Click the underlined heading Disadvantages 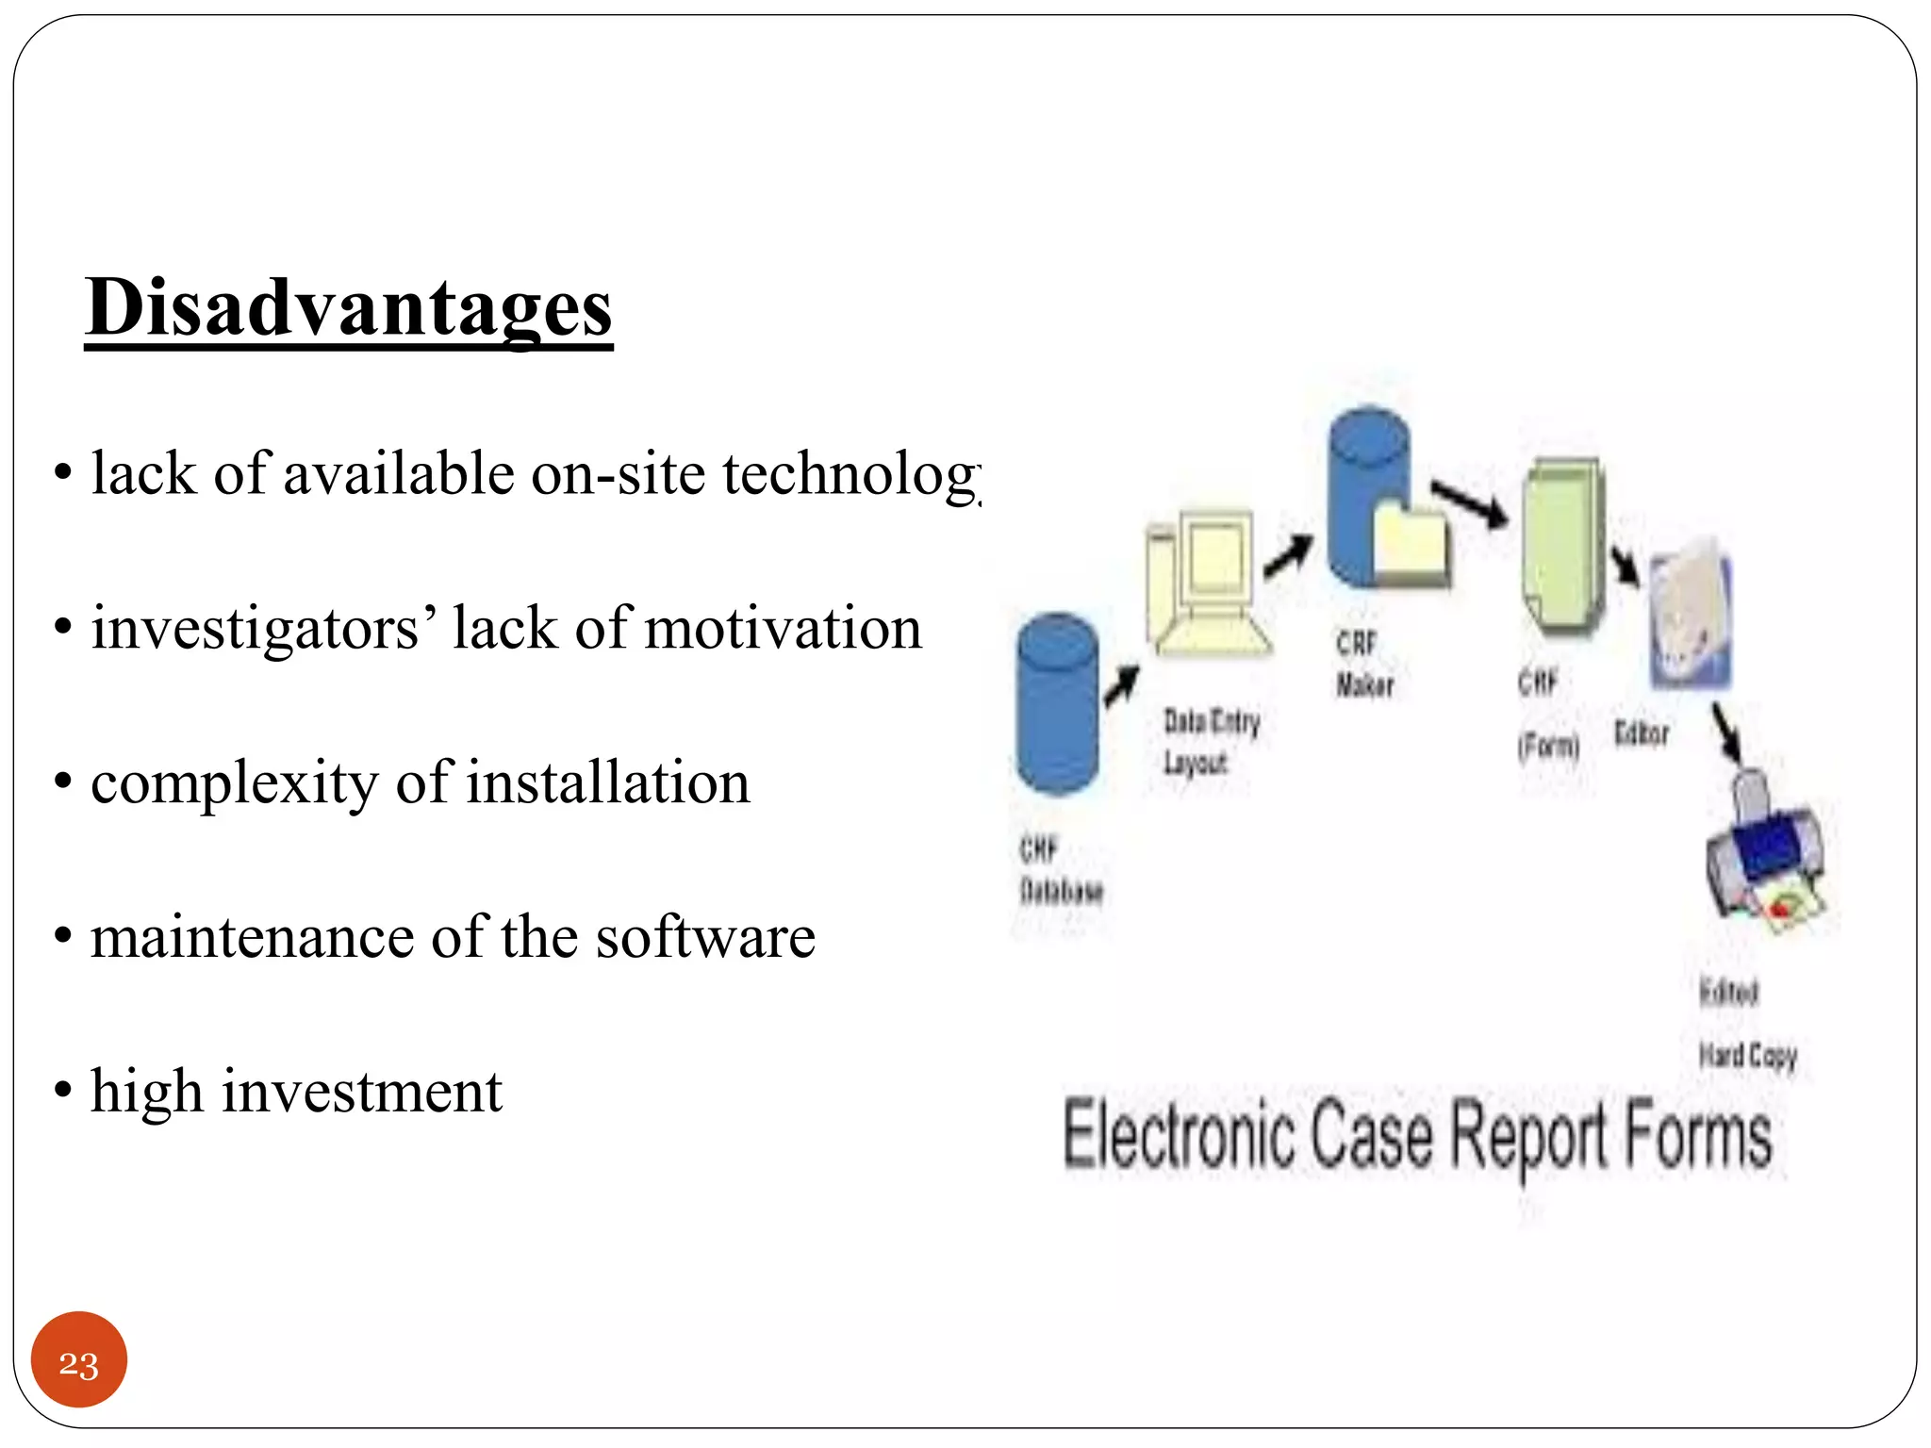click(x=349, y=308)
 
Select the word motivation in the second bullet click(x=797, y=628)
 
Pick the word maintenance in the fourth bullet click(x=252, y=937)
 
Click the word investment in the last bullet click(x=362, y=1092)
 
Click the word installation click(x=608, y=782)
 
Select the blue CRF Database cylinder click(x=1058, y=705)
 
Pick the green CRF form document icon click(x=1562, y=547)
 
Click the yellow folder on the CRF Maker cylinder click(x=1410, y=542)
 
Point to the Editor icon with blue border click(x=1690, y=613)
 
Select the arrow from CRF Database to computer click(x=1122, y=685)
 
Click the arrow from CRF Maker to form click(x=1468, y=503)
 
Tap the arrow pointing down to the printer click(x=1727, y=733)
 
